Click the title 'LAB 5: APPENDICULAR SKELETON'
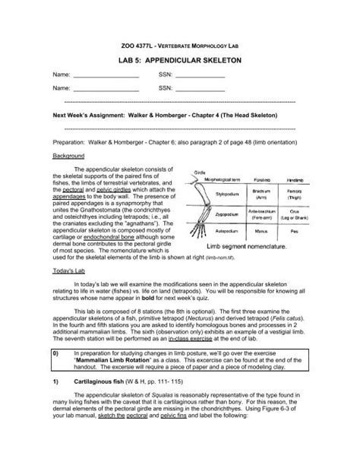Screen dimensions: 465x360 180,58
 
